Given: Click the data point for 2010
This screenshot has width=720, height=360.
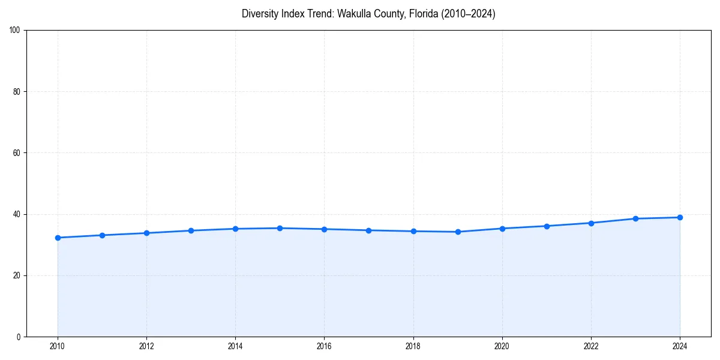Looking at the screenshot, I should pyautogui.click(x=58, y=238).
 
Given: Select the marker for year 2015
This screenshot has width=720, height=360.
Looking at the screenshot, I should pyautogui.click(x=280, y=228).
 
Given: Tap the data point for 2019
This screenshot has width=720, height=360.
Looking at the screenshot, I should pyautogui.click(x=458, y=232).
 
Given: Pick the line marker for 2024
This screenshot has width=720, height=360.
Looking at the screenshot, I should pyautogui.click(x=680, y=217).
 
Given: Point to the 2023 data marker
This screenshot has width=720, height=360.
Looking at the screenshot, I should pyautogui.click(x=635, y=218).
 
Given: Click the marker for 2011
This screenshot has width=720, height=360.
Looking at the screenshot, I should pyautogui.click(x=102, y=235).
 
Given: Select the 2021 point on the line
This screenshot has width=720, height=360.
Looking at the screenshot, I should pyautogui.click(x=547, y=226).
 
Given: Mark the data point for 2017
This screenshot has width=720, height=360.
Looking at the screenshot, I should pyautogui.click(x=368, y=230).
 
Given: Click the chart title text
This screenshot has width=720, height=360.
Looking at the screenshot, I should pyautogui.click(x=368, y=14).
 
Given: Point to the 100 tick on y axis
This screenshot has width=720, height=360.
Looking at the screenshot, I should pyautogui.click(x=16, y=30).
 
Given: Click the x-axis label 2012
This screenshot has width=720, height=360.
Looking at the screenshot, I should pyautogui.click(x=146, y=346).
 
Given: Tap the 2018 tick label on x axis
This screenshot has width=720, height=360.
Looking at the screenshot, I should pyautogui.click(x=413, y=346).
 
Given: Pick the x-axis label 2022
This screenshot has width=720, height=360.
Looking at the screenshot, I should pyautogui.click(x=591, y=346).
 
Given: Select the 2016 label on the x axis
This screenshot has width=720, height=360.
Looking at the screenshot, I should pyautogui.click(x=324, y=346).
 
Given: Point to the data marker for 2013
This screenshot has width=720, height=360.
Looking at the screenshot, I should pyautogui.click(x=191, y=230).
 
